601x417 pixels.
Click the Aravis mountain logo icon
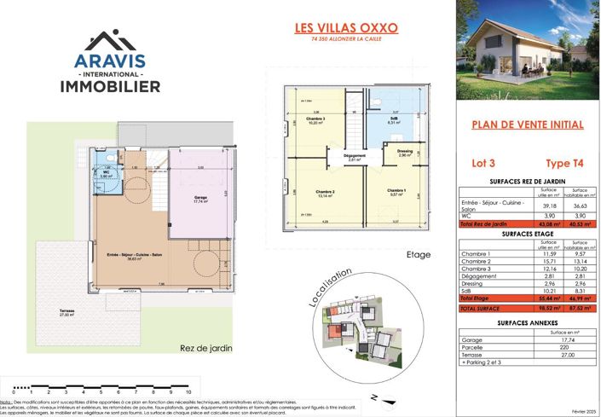(x=109, y=39)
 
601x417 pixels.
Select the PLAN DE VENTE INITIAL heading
(x=528, y=125)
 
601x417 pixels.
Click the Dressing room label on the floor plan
(x=405, y=152)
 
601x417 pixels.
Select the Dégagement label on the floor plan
(x=355, y=156)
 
